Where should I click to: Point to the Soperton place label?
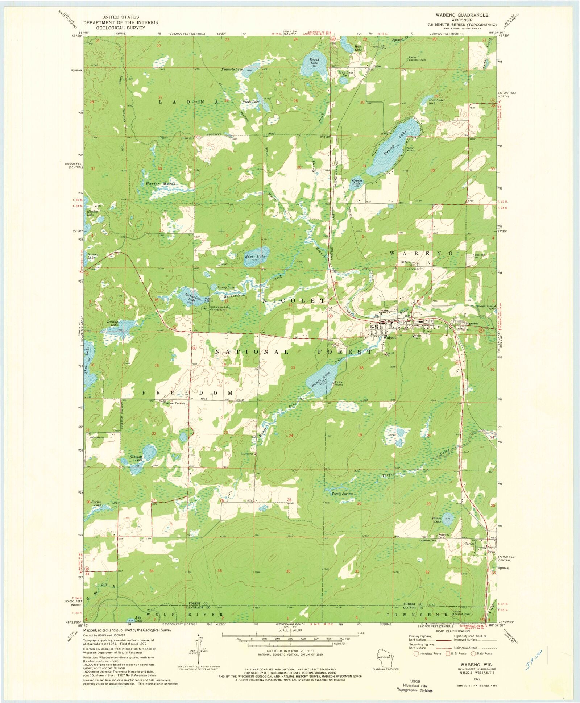click(472, 323)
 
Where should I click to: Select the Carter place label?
click(469, 544)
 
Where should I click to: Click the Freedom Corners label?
click(174, 403)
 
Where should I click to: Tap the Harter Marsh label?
click(161, 184)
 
